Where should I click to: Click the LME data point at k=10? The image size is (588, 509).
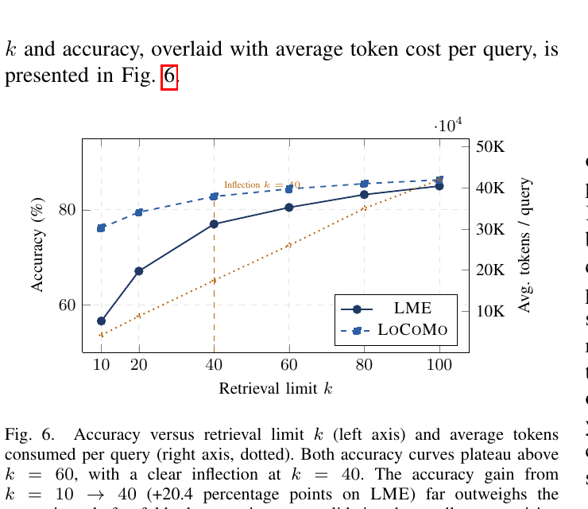click(101, 321)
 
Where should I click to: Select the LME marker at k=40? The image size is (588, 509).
click(214, 224)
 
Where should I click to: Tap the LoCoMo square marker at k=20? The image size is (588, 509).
click(139, 212)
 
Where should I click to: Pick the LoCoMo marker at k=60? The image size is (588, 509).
click(289, 189)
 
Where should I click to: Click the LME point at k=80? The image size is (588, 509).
click(364, 195)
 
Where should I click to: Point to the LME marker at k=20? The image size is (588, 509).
click(139, 271)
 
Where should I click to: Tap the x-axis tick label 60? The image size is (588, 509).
click(289, 364)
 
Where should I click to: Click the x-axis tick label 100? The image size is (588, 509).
click(439, 364)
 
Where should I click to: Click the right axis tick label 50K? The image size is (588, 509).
click(490, 147)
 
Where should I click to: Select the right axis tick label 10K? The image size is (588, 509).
click(490, 311)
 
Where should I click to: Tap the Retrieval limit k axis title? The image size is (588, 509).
click(275, 389)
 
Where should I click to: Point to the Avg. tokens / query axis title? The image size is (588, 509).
click(525, 245)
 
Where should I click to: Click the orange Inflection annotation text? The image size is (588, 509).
click(261, 185)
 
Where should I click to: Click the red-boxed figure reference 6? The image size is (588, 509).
click(168, 77)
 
